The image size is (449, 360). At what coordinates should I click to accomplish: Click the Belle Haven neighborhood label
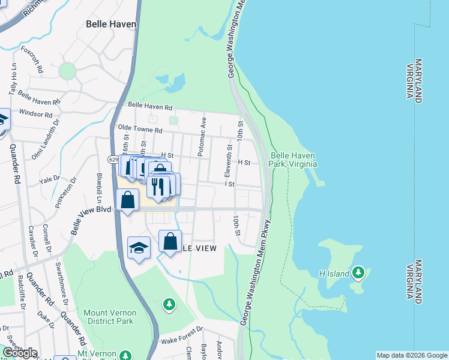[x=112, y=25]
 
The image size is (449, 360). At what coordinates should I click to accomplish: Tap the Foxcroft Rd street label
[x=32, y=59]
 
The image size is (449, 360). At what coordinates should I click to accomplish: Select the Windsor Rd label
[x=36, y=113]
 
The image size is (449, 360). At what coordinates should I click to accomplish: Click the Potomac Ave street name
[x=203, y=137]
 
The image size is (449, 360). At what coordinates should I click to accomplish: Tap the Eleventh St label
[x=229, y=160]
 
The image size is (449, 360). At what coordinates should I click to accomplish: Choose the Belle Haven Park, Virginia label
[x=293, y=159]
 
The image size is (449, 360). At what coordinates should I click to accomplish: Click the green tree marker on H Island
[x=358, y=273]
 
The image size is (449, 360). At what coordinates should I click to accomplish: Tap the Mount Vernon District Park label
[x=110, y=317]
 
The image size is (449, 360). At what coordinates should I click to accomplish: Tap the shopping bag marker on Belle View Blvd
[x=128, y=200]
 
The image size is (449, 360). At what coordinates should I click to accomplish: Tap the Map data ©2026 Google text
[x=412, y=355]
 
